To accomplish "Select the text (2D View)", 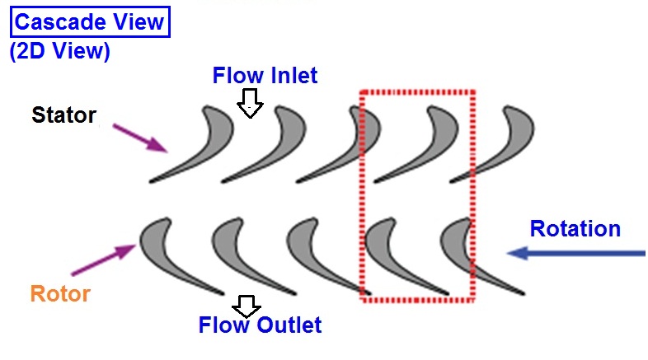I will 59,50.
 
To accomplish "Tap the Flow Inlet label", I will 265,76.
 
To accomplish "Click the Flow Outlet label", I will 260,325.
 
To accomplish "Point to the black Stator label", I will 63,115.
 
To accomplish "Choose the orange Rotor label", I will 60,293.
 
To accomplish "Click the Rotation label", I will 575,228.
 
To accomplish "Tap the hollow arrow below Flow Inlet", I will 249,104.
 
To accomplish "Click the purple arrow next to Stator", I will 139,137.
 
